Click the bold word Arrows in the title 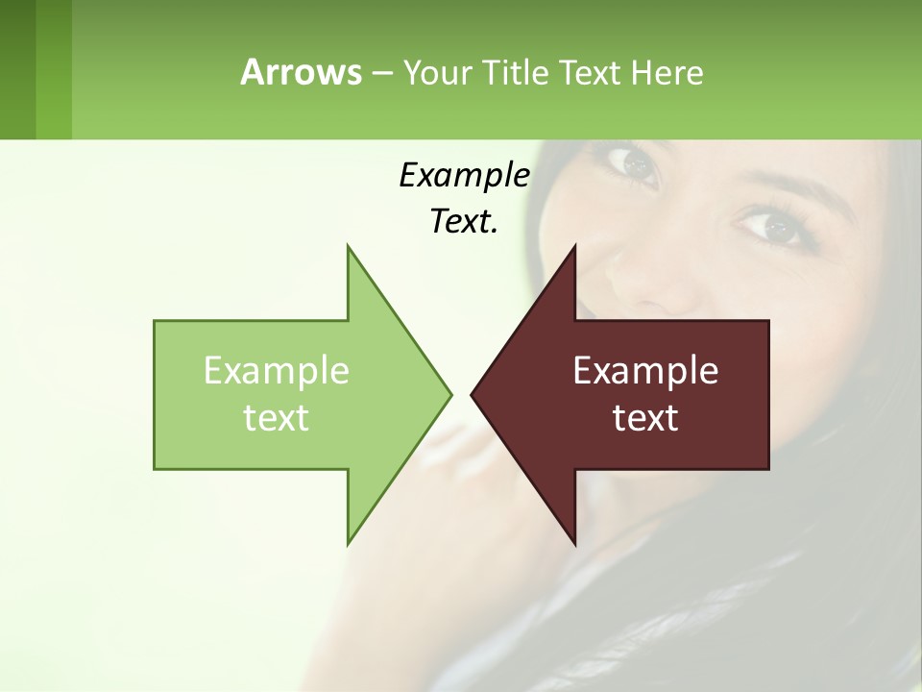point(301,72)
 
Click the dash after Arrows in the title point(381,73)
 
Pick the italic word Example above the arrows point(464,175)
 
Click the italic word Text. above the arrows point(464,221)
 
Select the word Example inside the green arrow point(277,370)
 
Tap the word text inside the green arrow point(277,417)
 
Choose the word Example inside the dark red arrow point(645,370)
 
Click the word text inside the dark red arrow point(645,417)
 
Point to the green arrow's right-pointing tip point(449,394)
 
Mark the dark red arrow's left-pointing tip point(473,394)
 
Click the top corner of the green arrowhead point(349,247)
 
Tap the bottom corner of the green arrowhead point(349,542)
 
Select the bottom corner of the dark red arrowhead point(574,543)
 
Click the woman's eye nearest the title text point(639,164)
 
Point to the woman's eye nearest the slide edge point(773,227)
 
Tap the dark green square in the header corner point(18,69)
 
